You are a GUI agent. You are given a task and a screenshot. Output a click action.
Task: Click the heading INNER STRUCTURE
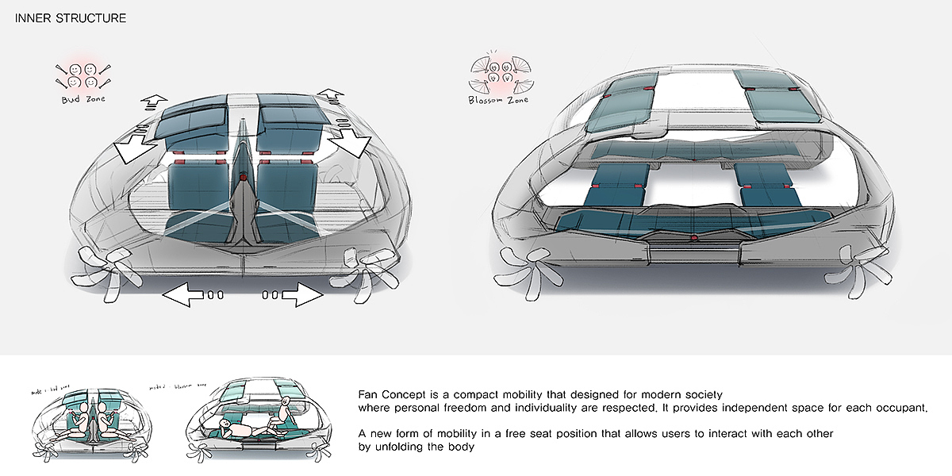(71, 18)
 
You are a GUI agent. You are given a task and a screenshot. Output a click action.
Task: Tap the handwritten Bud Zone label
(83, 99)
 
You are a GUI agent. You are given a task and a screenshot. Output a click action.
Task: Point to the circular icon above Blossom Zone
(497, 71)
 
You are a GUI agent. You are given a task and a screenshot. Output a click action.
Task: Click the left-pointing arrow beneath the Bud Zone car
(184, 295)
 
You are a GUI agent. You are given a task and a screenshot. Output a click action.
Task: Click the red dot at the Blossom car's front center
(695, 238)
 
